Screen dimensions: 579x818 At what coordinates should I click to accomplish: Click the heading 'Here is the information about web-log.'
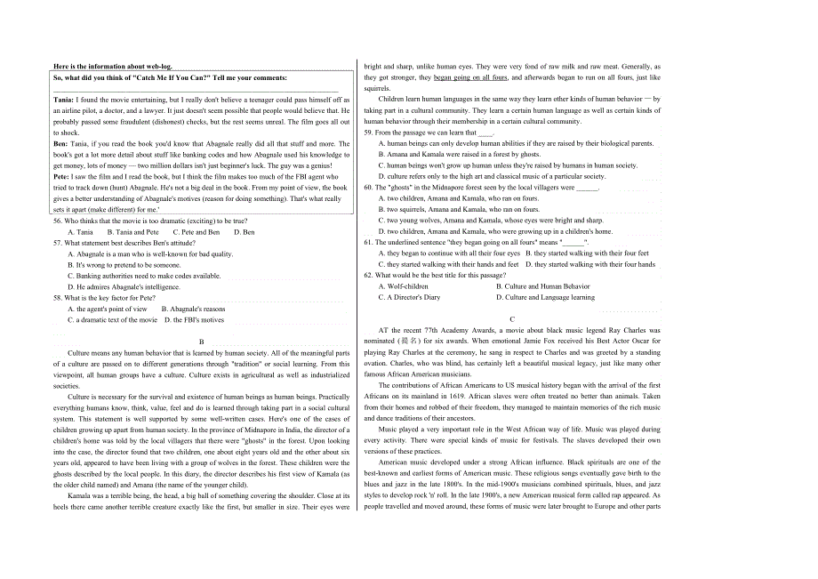pyautogui.click(x=113, y=66)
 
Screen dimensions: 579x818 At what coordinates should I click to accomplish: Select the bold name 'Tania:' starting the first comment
pyautogui.click(x=64, y=100)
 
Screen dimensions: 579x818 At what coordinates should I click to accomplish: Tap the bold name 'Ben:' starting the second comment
pyautogui.click(x=60, y=143)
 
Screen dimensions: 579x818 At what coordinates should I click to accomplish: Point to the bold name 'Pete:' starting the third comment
pyautogui.click(x=61, y=177)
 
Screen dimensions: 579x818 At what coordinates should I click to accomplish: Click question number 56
pyautogui.click(x=58, y=221)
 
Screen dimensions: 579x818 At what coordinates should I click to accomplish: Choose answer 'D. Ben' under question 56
pyautogui.click(x=244, y=232)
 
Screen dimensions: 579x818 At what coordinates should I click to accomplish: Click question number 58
pyautogui.click(x=58, y=298)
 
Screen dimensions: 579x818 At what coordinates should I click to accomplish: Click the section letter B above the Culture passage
pyautogui.click(x=202, y=342)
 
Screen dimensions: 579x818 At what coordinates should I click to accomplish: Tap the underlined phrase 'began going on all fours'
pyautogui.click(x=470, y=77)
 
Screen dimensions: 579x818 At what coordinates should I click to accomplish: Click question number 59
pyautogui.click(x=369, y=133)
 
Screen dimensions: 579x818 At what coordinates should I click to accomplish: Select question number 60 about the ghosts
pyautogui.click(x=369, y=188)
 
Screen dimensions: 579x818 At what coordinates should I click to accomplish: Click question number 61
pyautogui.click(x=369, y=242)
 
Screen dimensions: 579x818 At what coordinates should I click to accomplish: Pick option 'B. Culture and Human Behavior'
pyautogui.click(x=542, y=286)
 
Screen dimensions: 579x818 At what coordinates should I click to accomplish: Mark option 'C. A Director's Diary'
pyautogui.click(x=410, y=297)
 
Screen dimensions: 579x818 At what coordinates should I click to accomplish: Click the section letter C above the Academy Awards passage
pyautogui.click(x=512, y=318)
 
